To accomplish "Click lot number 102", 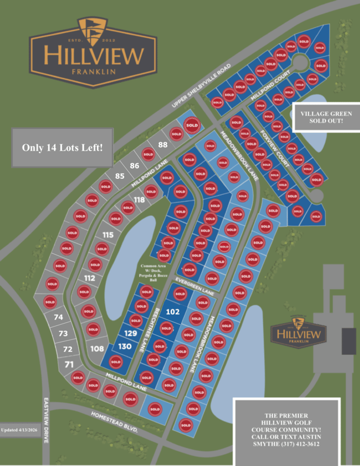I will (173, 311).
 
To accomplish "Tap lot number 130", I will (125, 347).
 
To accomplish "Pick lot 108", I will (97, 349).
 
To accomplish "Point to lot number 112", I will (89, 278).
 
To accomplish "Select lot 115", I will (108, 235).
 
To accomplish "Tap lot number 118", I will (139, 200).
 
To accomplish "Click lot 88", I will (163, 145).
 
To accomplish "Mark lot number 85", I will (120, 175).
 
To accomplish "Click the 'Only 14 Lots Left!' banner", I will (62, 147).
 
